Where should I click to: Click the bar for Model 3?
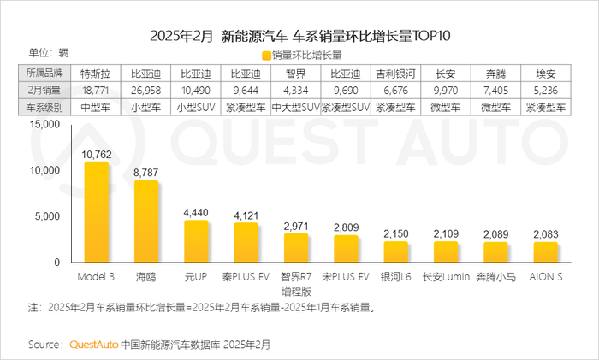pos(97,214)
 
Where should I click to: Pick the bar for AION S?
pos(545,254)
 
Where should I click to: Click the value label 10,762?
pos(97,155)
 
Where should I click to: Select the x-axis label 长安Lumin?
pos(446,278)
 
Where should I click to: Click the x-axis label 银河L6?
pos(396,278)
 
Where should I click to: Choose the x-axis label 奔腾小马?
pos(495,278)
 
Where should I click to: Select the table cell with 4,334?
pos(296,91)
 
